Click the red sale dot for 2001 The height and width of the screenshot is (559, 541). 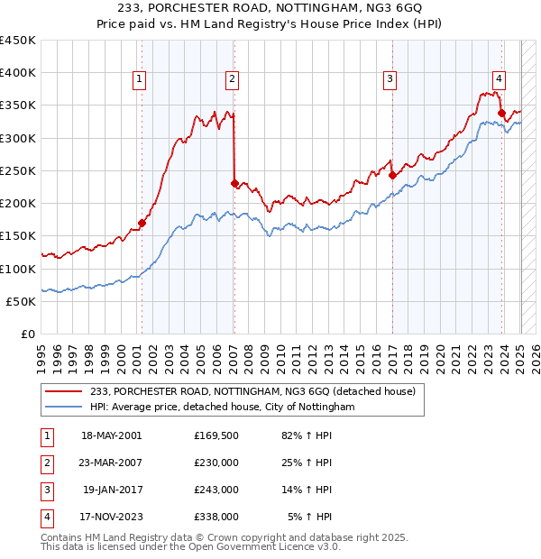[x=142, y=223]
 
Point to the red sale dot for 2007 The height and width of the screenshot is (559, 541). [x=234, y=183]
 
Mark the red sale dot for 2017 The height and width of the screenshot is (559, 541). [x=392, y=175]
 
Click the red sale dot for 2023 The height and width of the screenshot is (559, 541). [x=501, y=113]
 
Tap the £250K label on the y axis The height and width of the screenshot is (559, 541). [x=18, y=170]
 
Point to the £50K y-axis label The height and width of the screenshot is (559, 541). [x=22, y=301]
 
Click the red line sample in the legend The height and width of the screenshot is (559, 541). [x=66, y=391]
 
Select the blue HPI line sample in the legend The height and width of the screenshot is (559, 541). [x=66, y=408]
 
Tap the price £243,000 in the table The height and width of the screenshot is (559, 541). [x=216, y=490]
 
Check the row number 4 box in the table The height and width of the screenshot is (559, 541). [x=46, y=518]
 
